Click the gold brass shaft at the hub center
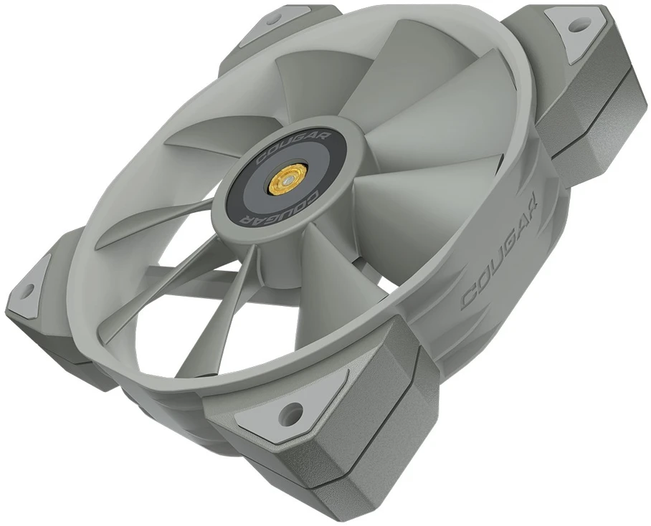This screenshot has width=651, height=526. (x=285, y=181)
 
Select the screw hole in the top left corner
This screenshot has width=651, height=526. (x=273, y=17)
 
